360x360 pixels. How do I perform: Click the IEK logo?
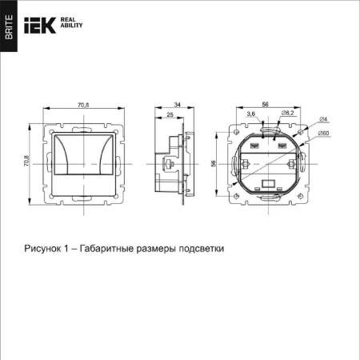point(42,24)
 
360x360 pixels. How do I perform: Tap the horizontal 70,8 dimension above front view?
point(83,105)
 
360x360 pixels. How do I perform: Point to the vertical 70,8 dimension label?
point(26,162)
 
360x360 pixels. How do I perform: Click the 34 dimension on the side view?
point(177,105)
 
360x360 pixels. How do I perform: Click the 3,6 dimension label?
point(251,115)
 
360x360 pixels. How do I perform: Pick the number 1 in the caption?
point(69,248)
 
